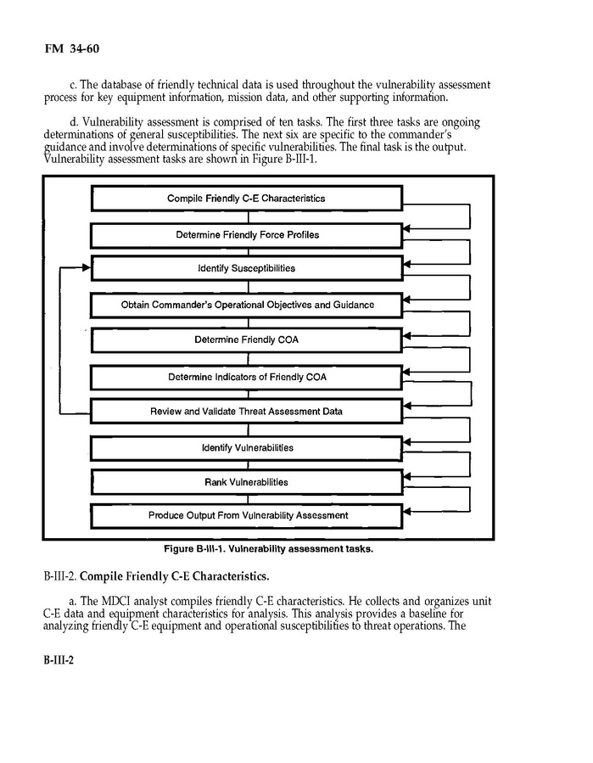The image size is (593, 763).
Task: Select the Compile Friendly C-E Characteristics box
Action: tap(246, 199)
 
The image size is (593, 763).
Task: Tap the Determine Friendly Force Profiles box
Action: tap(246, 234)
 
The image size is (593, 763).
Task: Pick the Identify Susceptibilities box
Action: tap(246, 269)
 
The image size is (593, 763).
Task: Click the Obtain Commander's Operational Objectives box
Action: tap(246, 305)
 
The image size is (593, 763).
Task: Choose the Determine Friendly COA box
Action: tap(246, 340)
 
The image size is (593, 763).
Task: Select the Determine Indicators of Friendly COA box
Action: tap(246, 376)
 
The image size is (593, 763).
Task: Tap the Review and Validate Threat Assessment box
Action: tap(246, 412)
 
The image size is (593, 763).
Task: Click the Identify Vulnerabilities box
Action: tap(246, 447)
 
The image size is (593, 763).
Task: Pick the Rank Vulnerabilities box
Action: tap(246, 482)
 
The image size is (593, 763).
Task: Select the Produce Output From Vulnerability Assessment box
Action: tap(246, 515)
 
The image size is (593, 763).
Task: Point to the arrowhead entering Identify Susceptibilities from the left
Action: tap(86, 267)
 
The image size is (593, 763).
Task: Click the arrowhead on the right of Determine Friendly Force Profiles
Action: tap(406, 228)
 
